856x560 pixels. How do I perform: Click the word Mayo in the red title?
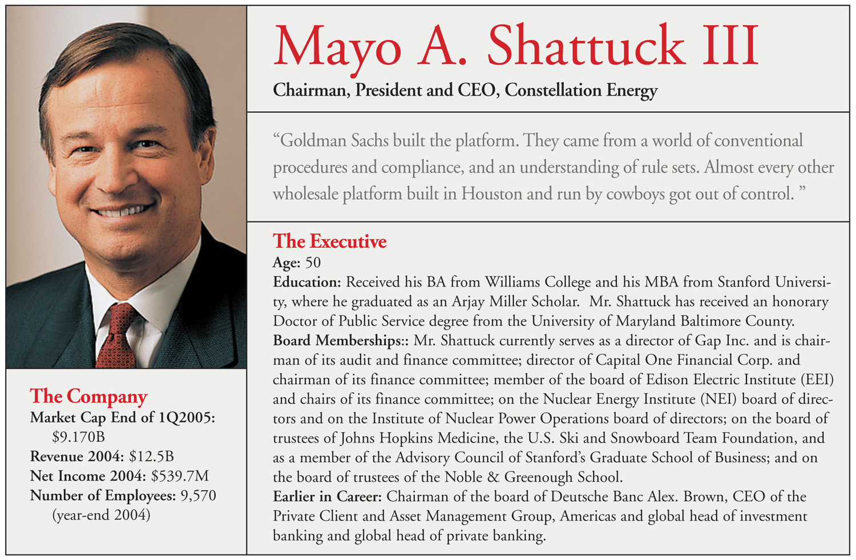tap(337, 47)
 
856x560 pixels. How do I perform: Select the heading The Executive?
tap(329, 241)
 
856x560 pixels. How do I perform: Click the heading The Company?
tap(88, 396)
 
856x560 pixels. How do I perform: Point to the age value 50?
tap(313, 263)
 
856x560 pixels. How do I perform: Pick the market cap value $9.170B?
tap(79, 437)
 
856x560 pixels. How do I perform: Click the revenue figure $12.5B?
tap(151, 457)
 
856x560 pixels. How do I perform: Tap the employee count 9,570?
tap(198, 495)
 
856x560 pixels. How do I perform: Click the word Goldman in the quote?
tap(313, 140)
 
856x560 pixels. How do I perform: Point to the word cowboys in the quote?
tap(635, 194)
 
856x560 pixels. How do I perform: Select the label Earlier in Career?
tap(327, 496)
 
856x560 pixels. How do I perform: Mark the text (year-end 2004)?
tap(101, 515)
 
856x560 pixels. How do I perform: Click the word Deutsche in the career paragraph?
tap(577, 496)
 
